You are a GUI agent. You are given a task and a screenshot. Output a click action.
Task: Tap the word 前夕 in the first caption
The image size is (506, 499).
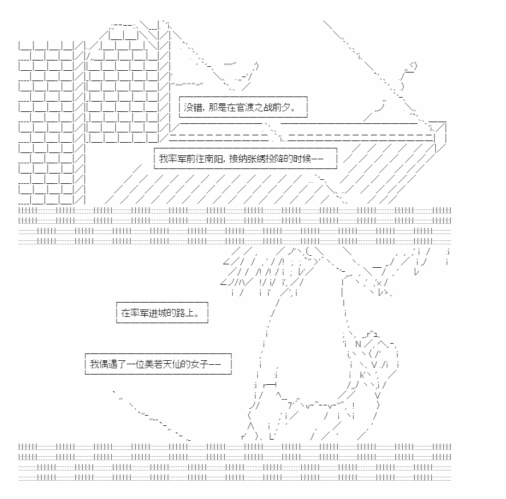click(281, 107)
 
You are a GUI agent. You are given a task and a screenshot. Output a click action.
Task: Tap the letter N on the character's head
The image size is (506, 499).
click(358, 344)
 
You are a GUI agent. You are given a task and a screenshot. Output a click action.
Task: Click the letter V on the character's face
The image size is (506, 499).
click(374, 365)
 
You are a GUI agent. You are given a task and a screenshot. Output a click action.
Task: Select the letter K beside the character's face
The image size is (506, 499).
click(362, 375)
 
